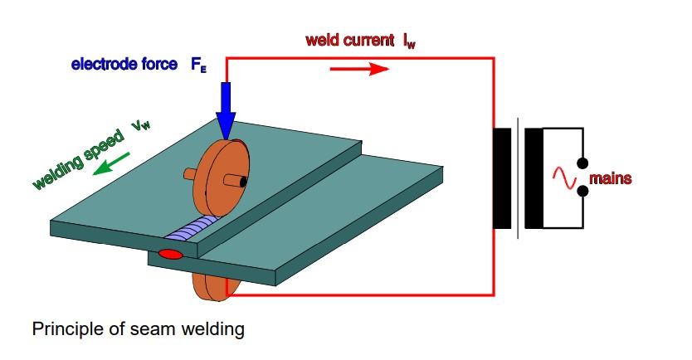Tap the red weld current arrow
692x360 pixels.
coord(359,68)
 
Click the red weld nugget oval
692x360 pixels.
coord(170,253)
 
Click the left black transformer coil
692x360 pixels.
coord(503,178)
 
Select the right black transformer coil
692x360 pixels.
coord(534,178)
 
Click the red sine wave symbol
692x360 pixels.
coord(563,177)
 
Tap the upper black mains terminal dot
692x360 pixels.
coord(583,163)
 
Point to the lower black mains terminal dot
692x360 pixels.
coord(583,192)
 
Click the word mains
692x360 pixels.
coord(611,178)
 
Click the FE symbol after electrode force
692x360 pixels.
coord(198,65)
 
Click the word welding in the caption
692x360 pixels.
coord(213,329)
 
